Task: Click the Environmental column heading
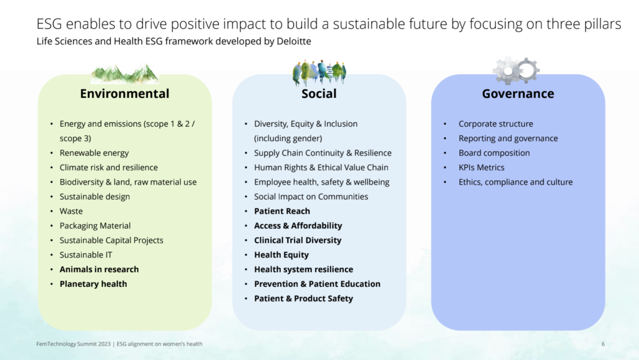(x=124, y=94)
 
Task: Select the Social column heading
(x=319, y=94)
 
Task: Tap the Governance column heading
(x=518, y=94)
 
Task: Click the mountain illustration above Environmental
(x=124, y=73)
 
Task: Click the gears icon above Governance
(x=516, y=71)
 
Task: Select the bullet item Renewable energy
(x=94, y=153)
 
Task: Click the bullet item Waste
(x=71, y=211)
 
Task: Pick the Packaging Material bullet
(x=95, y=225)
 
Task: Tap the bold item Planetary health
(x=93, y=284)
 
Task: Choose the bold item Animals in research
(x=99, y=270)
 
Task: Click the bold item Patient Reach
(x=282, y=211)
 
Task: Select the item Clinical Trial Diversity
(x=298, y=240)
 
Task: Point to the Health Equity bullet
(x=281, y=255)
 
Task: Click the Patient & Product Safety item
(x=303, y=298)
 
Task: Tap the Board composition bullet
(x=494, y=153)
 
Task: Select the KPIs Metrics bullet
(x=481, y=167)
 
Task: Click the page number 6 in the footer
(x=603, y=344)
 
